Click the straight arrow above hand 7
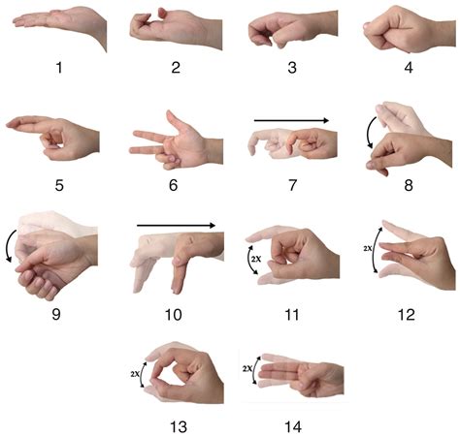[291, 121]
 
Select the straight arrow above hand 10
[176, 227]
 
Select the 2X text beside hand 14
[249, 369]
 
